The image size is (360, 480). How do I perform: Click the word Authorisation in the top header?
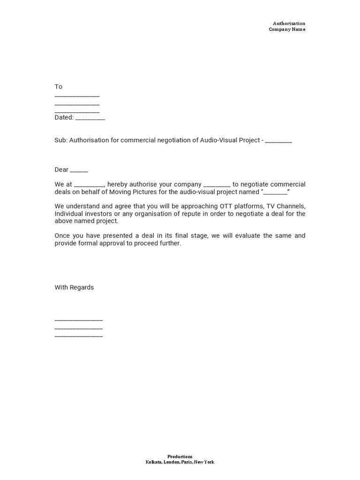[289, 23]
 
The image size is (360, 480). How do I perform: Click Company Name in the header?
[286, 29]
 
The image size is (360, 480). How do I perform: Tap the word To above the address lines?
[58, 87]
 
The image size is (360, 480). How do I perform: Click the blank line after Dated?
[90, 118]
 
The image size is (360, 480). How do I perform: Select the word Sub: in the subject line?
[61, 140]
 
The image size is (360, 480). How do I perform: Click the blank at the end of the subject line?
[278, 141]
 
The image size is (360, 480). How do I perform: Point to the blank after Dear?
[79, 171]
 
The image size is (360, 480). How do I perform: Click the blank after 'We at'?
[89, 185]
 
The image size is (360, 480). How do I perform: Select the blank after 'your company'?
[217, 185]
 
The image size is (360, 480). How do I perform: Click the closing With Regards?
[74, 287]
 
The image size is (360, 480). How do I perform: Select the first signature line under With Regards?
[78, 320]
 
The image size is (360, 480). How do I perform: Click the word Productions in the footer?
[180, 457]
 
